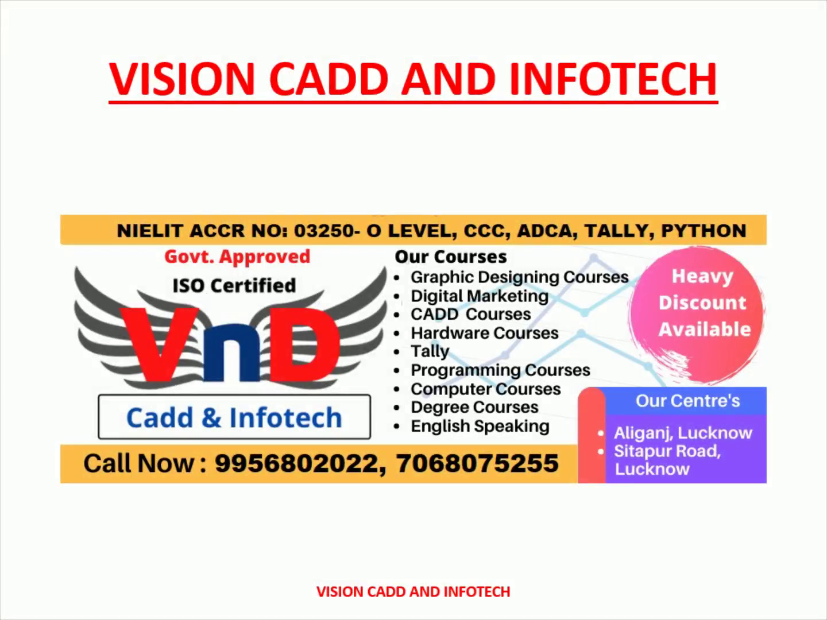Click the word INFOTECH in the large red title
(x=613, y=79)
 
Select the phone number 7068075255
(x=477, y=463)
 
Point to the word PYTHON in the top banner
(x=704, y=230)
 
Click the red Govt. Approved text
(x=237, y=257)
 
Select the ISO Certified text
(x=234, y=285)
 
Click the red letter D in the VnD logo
(x=304, y=344)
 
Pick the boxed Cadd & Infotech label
(x=234, y=417)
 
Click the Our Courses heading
(x=451, y=257)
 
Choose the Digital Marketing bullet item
(x=480, y=296)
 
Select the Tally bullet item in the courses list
(x=430, y=351)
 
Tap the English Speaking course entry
(x=480, y=426)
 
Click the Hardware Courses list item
(x=485, y=333)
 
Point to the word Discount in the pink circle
(x=702, y=303)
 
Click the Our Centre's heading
(x=687, y=401)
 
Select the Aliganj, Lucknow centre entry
(x=683, y=433)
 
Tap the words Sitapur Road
(x=667, y=451)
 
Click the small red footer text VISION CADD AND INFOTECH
(x=413, y=592)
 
